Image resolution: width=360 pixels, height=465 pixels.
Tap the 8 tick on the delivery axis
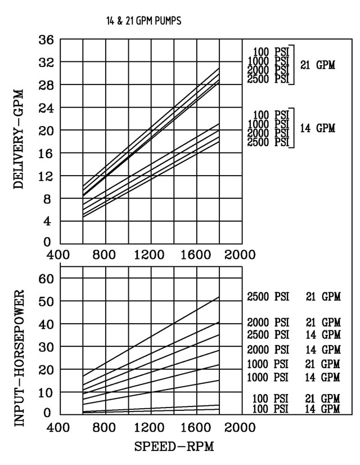pyautogui.click(x=50, y=199)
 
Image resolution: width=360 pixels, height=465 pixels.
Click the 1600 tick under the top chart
pyautogui.click(x=196, y=254)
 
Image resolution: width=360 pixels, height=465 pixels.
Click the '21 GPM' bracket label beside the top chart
pyautogui.click(x=318, y=65)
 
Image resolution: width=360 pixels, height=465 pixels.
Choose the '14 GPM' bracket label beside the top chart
pyautogui.click(x=318, y=128)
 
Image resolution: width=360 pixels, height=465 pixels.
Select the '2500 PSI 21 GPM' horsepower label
pyautogui.click(x=294, y=297)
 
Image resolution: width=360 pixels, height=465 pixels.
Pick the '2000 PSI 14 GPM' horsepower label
pyautogui.click(x=294, y=350)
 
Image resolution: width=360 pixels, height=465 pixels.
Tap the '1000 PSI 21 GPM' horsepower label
pyautogui.click(x=294, y=364)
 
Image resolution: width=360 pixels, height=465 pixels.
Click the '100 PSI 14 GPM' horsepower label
pyautogui.click(x=294, y=408)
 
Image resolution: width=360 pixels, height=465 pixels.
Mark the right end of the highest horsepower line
pyautogui.click(x=219, y=297)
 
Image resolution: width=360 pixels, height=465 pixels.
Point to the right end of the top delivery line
pyautogui.click(x=219, y=68)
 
